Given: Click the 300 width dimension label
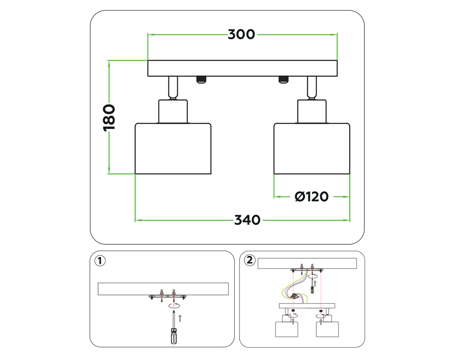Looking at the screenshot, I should click(241, 34).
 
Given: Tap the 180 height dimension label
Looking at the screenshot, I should click(109, 118).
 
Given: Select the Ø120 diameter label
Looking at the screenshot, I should click(312, 197).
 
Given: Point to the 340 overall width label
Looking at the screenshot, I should click(247, 220).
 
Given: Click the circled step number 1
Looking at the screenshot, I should click(100, 261).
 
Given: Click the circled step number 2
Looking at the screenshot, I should click(250, 261).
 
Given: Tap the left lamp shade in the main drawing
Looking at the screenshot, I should click(173, 149).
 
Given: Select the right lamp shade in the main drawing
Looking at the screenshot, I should click(312, 149).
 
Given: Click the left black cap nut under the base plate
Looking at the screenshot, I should click(201, 80).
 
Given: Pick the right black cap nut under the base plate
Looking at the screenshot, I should click(283, 80).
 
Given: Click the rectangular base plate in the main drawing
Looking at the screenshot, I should click(242, 68).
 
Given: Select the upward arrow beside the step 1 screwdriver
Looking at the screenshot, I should click(180, 317).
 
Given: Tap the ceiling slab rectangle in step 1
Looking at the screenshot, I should click(163, 288).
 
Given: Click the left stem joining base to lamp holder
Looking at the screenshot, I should click(172, 87).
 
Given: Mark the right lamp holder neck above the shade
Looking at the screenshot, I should click(312, 112).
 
